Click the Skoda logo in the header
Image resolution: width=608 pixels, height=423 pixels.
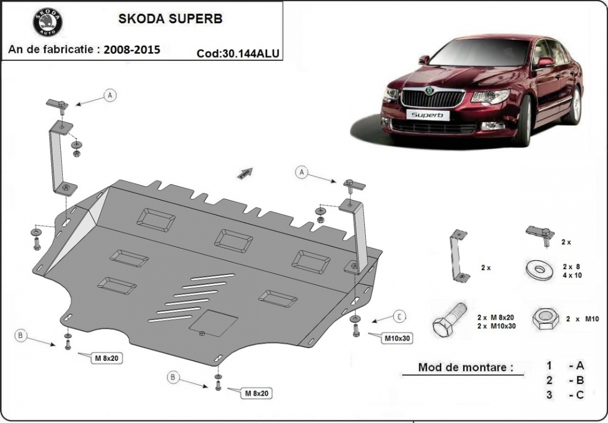[x=47, y=23]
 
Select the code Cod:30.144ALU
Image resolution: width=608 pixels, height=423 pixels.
[x=237, y=53]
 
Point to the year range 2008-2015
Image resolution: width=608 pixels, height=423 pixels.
[x=132, y=50]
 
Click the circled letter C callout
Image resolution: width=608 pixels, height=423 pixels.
[x=400, y=316]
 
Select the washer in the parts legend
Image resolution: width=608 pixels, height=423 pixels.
[x=538, y=270]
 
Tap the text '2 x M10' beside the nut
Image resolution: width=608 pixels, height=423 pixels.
[x=582, y=319]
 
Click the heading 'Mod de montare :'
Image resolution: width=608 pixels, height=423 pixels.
[x=465, y=367]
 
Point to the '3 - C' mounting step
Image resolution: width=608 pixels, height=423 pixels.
[x=565, y=395]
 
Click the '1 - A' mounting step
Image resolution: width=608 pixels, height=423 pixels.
[x=565, y=366]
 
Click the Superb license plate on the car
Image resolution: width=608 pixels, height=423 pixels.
[x=428, y=114]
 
